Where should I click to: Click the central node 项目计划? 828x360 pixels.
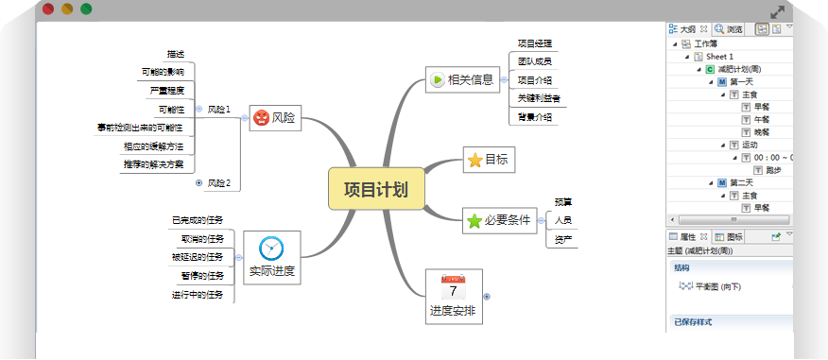[375, 189]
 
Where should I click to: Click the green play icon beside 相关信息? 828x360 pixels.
[437, 80]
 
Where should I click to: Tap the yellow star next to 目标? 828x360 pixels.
[474, 161]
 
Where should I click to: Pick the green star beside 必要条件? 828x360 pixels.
[474, 221]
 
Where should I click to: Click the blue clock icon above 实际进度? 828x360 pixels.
[271, 249]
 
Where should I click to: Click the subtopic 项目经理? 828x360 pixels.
[534, 43]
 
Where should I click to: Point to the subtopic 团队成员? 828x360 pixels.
[534, 61]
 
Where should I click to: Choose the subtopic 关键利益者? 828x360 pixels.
[538, 98]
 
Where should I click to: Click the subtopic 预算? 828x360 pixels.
[563, 202]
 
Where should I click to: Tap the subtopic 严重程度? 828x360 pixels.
[166, 91]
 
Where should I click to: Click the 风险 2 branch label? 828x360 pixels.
[219, 182]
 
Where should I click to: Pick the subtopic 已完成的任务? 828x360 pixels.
[197, 220]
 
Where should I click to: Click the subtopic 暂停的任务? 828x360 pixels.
[202, 276]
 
